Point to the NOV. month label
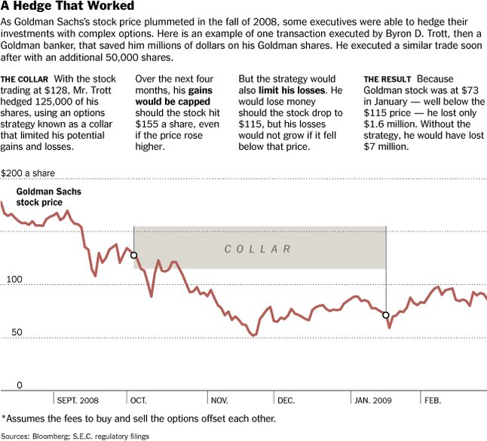[219, 400]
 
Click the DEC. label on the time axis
[286, 400]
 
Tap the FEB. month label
[432, 400]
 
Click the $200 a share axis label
[28, 173]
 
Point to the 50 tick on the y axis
[17, 332]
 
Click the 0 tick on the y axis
[20, 384]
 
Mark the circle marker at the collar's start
[134, 256]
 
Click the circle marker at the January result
[386, 315]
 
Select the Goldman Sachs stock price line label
[49, 198]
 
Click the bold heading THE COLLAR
[25, 79]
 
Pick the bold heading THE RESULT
[387, 79]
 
